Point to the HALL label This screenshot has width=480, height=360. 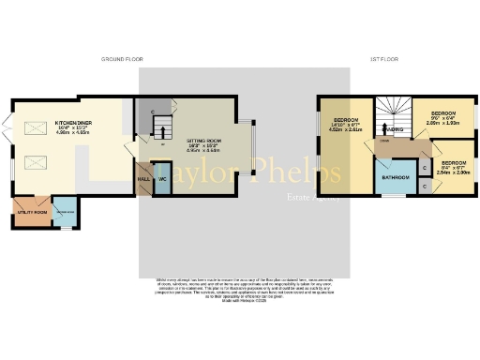coord(143,178)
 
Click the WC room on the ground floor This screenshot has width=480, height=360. coord(161,178)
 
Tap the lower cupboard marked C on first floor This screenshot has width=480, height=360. coord(425,186)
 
